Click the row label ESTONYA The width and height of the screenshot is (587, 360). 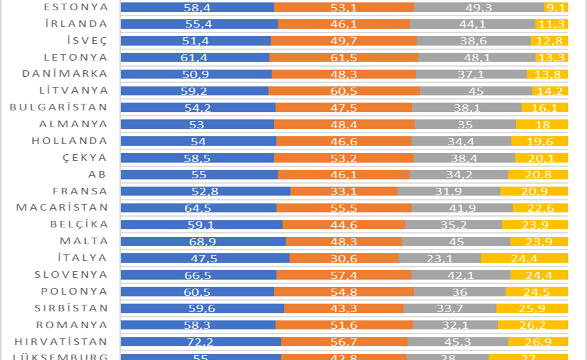[x=76, y=7]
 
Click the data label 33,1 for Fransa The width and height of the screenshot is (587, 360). [x=344, y=191]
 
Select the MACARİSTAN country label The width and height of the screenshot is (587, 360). [x=62, y=208]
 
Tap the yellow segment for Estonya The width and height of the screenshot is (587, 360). [x=556, y=8]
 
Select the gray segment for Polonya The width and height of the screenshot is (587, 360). [x=460, y=292]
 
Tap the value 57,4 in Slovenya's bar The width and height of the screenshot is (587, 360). [x=344, y=275]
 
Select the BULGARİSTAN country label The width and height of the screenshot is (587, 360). [x=59, y=107]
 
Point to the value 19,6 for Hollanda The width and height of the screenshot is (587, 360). [x=540, y=142]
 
